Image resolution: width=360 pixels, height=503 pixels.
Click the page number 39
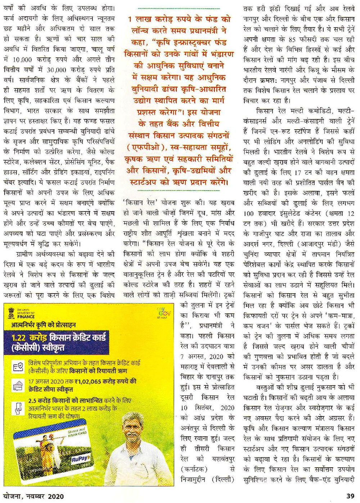[350, 496]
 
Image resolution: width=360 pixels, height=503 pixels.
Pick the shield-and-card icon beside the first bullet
[18, 367]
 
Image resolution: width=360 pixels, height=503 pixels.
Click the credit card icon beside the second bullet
[18, 385]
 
